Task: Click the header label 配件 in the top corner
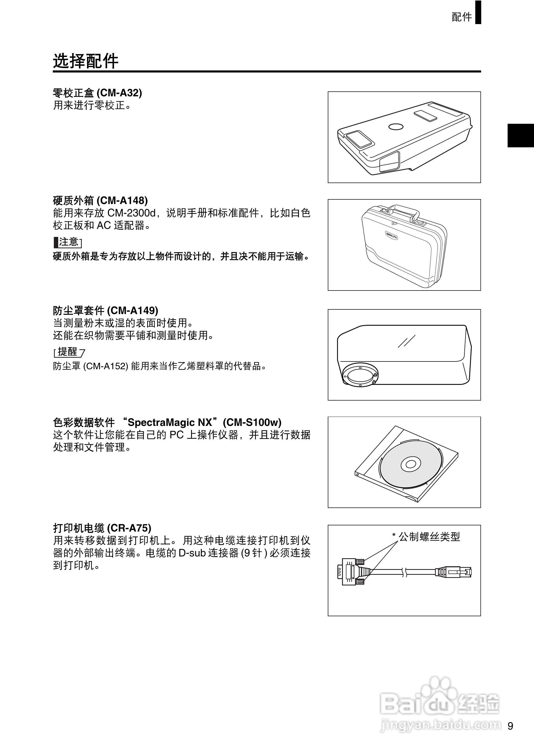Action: (461, 17)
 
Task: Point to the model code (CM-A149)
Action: (132, 310)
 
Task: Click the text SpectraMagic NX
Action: (170, 422)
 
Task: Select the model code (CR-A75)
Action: (129, 528)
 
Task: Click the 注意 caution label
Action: (68, 242)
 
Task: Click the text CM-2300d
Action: (131, 213)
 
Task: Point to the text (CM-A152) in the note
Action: (105, 366)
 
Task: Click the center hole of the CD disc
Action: (410, 464)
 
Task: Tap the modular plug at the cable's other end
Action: (454, 572)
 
